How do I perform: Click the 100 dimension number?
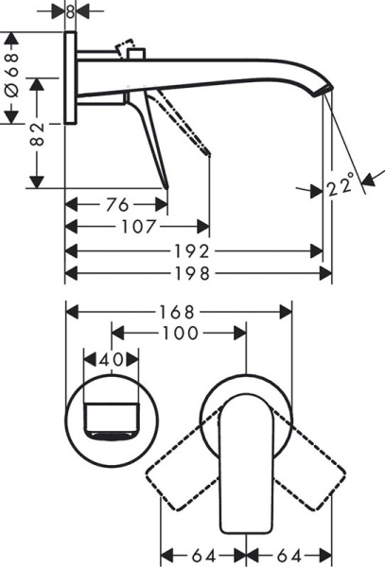coord(179,334)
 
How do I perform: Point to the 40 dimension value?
coord(112,360)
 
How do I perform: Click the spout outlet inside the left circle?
coord(112,422)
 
